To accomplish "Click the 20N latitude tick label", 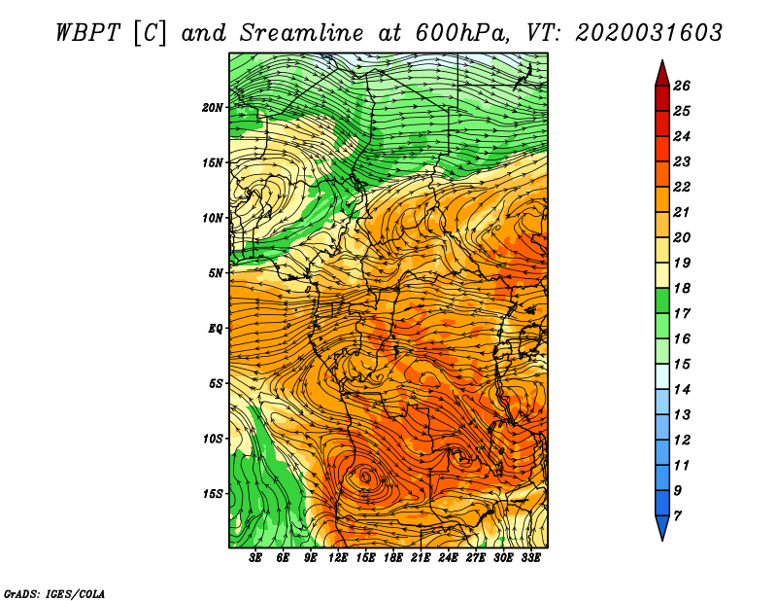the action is [x=213, y=108].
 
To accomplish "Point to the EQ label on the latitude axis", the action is [x=216, y=329].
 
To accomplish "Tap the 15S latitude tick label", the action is [x=213, y=494].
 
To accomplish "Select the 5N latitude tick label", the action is [x=216, y=273].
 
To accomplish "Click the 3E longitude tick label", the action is [x=255, y=558].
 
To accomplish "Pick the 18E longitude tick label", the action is [x=393, y=558].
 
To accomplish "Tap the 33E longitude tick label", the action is [x=530, y=558].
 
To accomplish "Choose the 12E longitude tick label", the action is [x=338, y=558].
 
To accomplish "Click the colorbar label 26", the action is [x=682, y=86].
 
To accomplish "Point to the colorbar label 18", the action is [x=682, y=288].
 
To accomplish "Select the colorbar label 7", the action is [x=677, y=516].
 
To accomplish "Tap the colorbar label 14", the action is [x=682, y=390].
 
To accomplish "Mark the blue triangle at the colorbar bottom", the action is [x=662, y=526].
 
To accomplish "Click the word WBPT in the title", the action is [x=87, y=33].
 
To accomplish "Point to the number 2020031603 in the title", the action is [x=649, y=33].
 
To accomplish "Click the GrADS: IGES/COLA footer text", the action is [x=54, y=593].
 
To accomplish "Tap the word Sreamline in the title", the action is [x=302, y=33].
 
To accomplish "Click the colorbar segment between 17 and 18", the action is [x=662, y=300].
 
